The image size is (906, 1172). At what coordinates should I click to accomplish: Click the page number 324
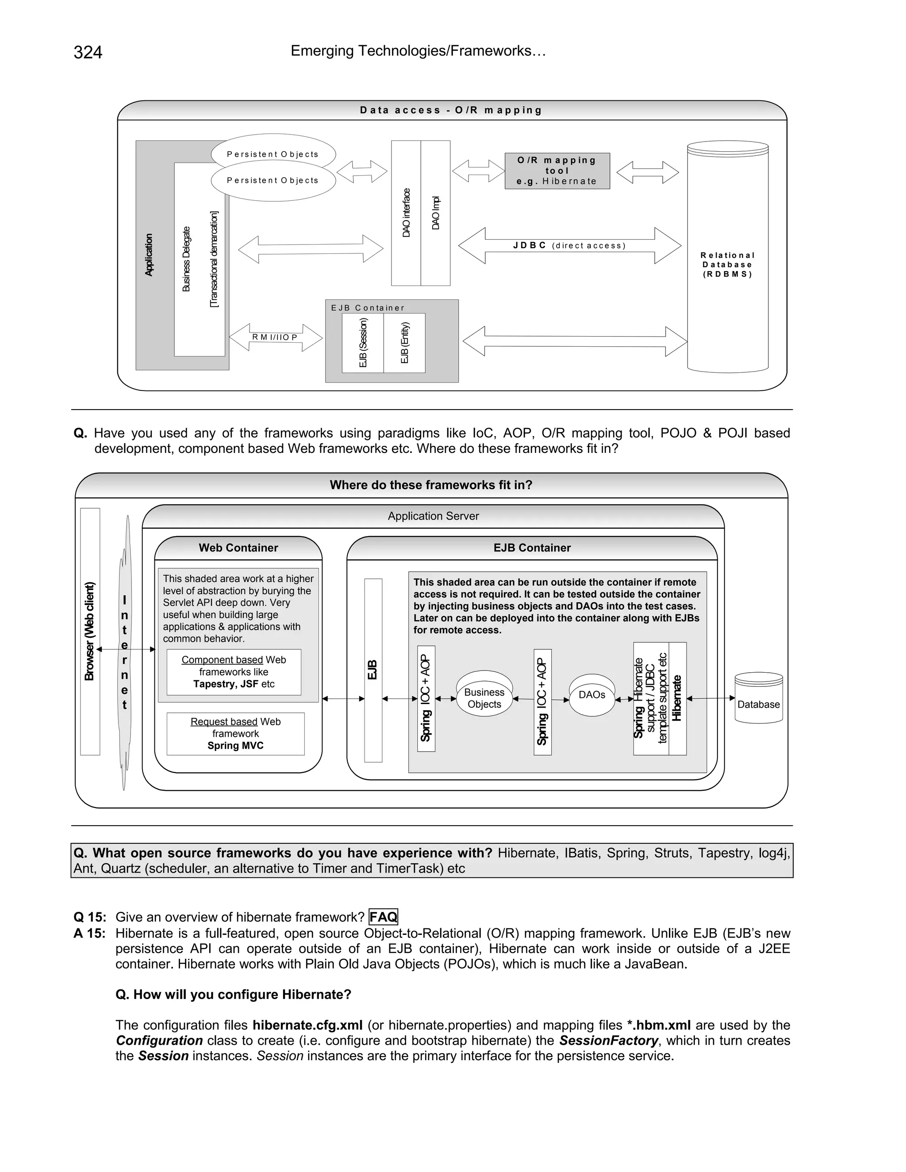point(88,53)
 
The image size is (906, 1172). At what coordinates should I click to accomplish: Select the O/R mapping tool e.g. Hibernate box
point(557,171)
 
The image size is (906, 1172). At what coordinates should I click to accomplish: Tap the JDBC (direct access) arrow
point(569,246)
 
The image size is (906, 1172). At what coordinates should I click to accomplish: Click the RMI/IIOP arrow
point(275,337)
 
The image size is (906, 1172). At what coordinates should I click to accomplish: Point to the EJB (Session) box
point(363,343)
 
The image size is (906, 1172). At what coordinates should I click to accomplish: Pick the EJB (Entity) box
point(405,343)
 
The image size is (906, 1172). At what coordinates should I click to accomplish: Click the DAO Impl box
point(435,213)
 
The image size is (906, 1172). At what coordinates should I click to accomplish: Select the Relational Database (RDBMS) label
point(727,264)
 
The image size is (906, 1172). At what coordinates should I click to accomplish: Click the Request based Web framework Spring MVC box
point(236,734)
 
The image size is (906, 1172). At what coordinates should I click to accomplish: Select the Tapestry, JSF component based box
point(234,672)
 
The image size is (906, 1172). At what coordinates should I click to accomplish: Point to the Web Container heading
point(238,548)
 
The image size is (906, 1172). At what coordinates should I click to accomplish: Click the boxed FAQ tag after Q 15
point(383,916)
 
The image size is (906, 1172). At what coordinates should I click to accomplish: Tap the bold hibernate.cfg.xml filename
point(307,1025)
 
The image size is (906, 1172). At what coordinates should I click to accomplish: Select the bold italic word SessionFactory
point(608,1041)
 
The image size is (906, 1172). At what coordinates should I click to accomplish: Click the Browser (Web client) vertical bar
point(90,631)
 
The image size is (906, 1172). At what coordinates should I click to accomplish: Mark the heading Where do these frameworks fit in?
point(431,485)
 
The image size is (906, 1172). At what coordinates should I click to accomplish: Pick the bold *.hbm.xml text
point(659,1025)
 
